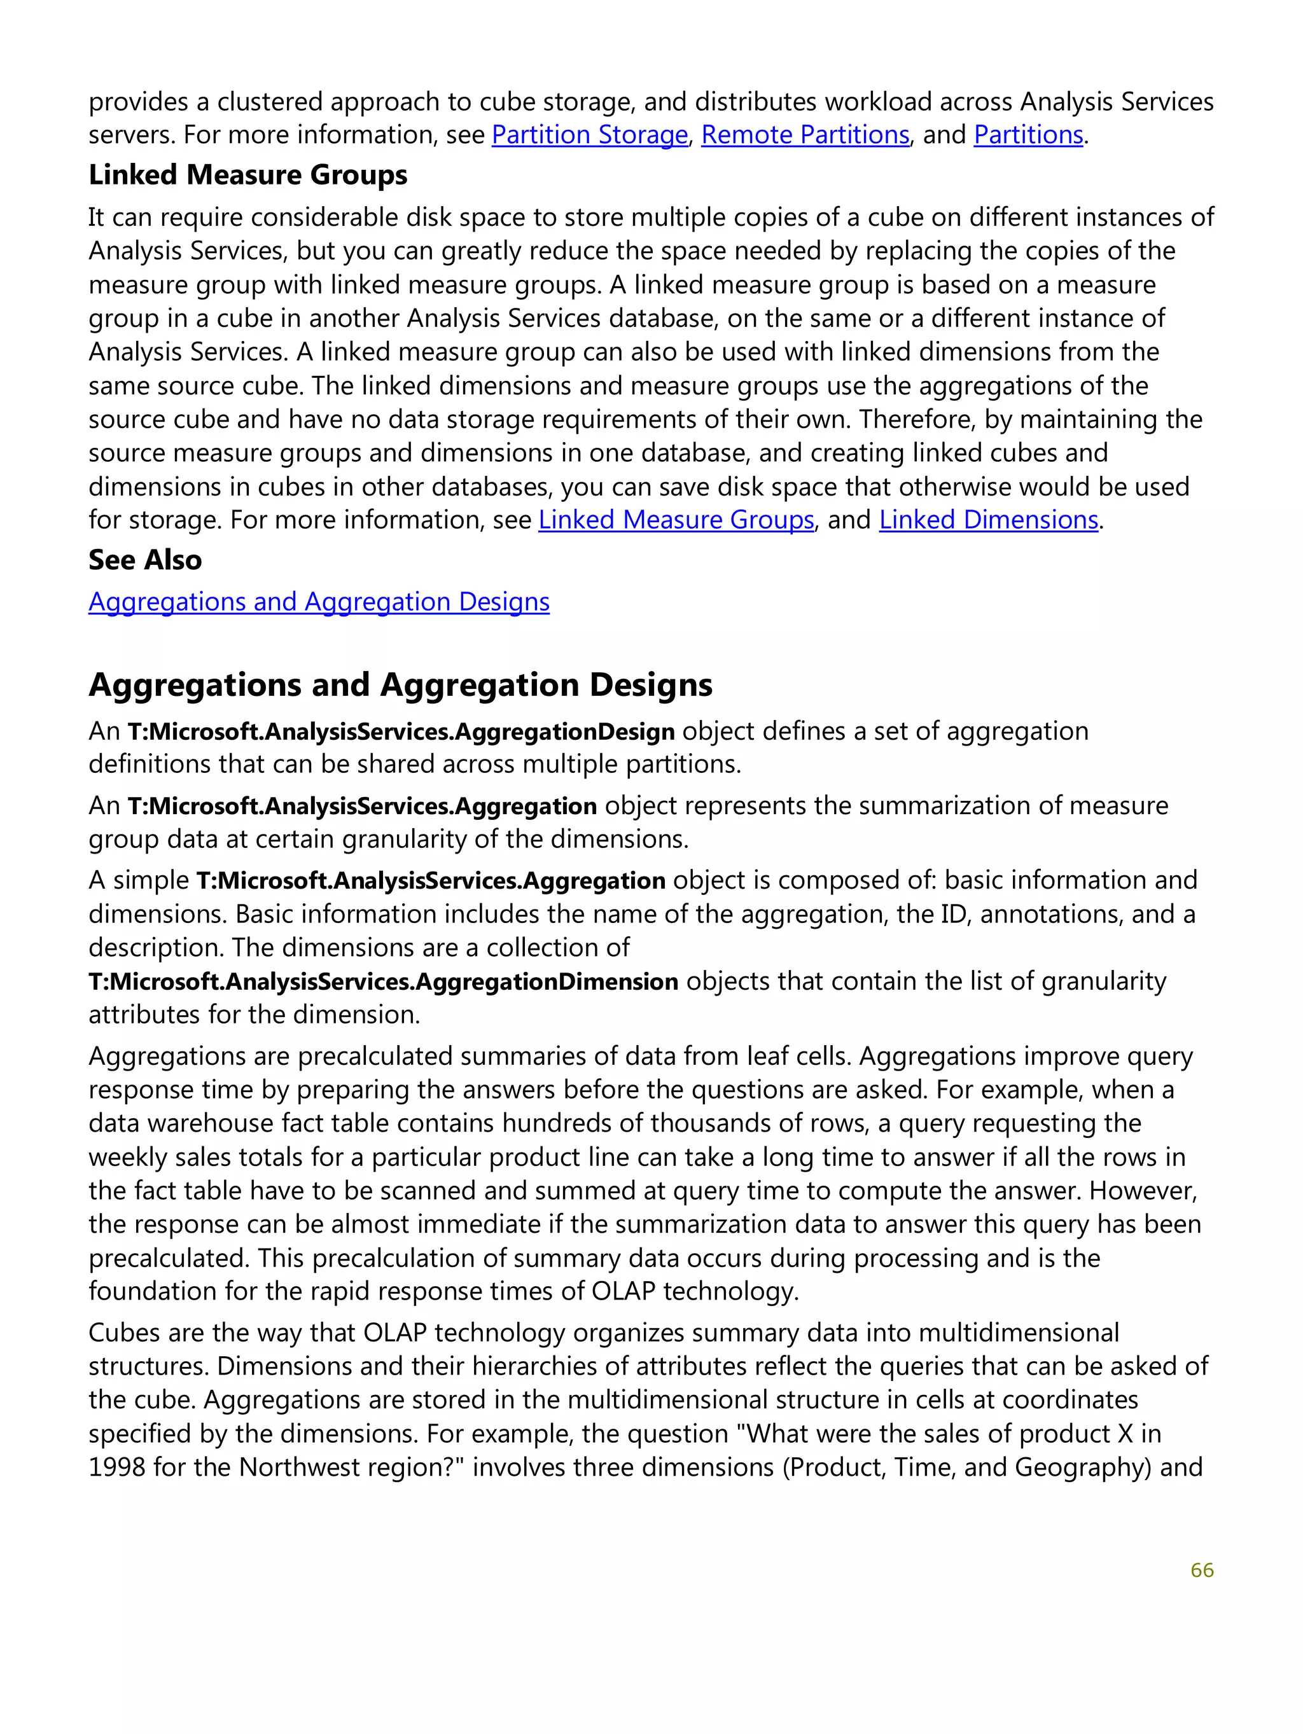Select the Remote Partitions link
tap(804, 135)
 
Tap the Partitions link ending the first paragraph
tap(1028, 135)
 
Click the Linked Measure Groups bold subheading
tap(247, 175)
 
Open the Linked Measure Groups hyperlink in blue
tap(676, 520)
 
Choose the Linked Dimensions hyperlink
tap(988, 520)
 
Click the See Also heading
tap(145, 560)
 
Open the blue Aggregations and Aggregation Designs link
tap(318, 601)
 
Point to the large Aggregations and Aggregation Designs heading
tap(400, 684)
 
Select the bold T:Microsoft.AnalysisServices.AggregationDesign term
tap(401, 732)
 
